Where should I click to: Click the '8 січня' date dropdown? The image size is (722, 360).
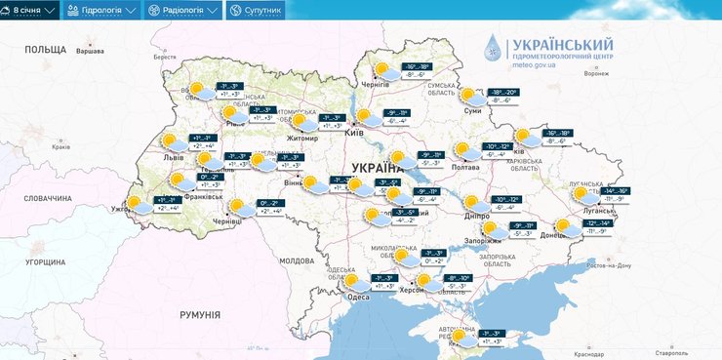[x=30, y=11]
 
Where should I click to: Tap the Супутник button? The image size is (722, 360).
[x=256, y=11]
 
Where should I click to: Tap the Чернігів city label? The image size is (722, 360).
[x=374, y=85]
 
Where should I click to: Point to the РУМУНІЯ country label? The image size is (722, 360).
[x=200, y=314]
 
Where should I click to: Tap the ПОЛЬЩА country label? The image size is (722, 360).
[x=45, y=49]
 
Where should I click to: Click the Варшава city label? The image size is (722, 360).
[x=90, y=51]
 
